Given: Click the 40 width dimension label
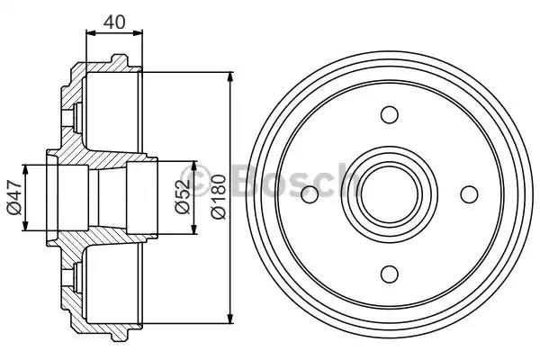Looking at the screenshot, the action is (114, 22).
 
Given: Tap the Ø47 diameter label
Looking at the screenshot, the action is (14, 197).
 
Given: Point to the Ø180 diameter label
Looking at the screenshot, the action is (219, 197).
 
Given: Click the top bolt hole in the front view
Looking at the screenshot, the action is (390, 114).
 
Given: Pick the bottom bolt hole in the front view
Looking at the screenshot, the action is (390, 274).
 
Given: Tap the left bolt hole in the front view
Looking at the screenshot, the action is (310, 194).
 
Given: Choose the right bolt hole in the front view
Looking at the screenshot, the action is (469, 194).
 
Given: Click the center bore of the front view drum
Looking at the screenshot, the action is (390, 194).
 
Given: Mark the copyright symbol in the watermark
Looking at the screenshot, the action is (195, 179).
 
